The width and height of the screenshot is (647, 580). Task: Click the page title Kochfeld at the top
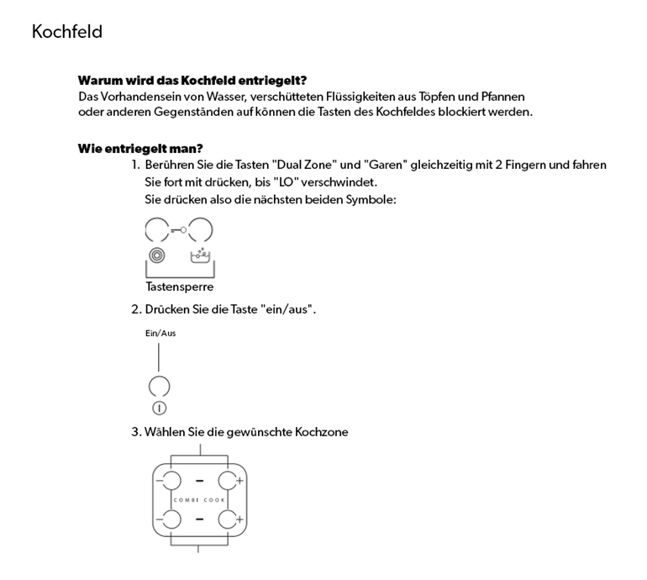67,32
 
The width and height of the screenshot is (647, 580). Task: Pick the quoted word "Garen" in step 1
384,165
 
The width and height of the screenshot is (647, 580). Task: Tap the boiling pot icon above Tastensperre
200,254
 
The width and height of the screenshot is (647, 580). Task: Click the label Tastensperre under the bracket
179,287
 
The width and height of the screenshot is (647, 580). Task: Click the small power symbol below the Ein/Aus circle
159,409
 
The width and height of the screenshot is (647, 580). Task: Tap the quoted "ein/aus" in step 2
291,309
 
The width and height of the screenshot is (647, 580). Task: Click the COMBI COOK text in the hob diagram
199,500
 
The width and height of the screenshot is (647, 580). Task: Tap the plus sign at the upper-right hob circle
240,481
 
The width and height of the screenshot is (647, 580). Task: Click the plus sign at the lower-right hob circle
240,520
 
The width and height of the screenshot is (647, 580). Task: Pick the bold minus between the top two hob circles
199,481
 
